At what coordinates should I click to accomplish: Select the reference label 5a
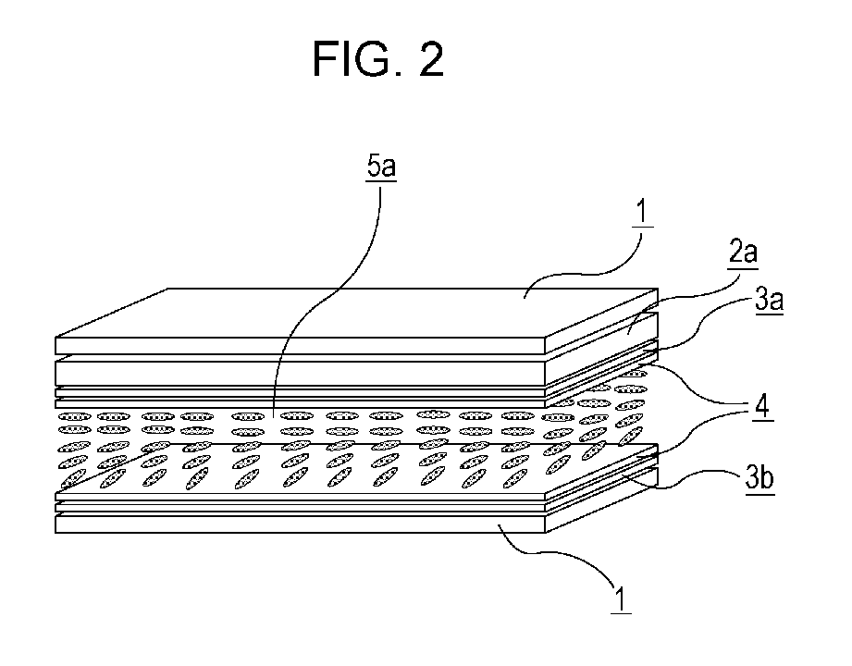click(x=381, y=166)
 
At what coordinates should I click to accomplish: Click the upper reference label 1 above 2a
click(x=642, y=211)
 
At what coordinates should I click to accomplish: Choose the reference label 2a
click(x=742, y=252)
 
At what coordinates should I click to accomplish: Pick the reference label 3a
click(x=769, y=300)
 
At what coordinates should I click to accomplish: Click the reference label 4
click(x=763, y=406)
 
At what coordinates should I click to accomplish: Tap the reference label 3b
click(x=759, y=478)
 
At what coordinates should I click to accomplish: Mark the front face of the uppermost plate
click(x=300, y=346)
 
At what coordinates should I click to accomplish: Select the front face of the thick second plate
click(x=300, y=374)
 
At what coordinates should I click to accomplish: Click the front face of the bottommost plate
click(x=300, y=524)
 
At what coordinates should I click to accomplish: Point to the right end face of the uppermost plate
click(x=601, y=322)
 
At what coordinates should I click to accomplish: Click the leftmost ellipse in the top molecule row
click(x=74, y=416)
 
